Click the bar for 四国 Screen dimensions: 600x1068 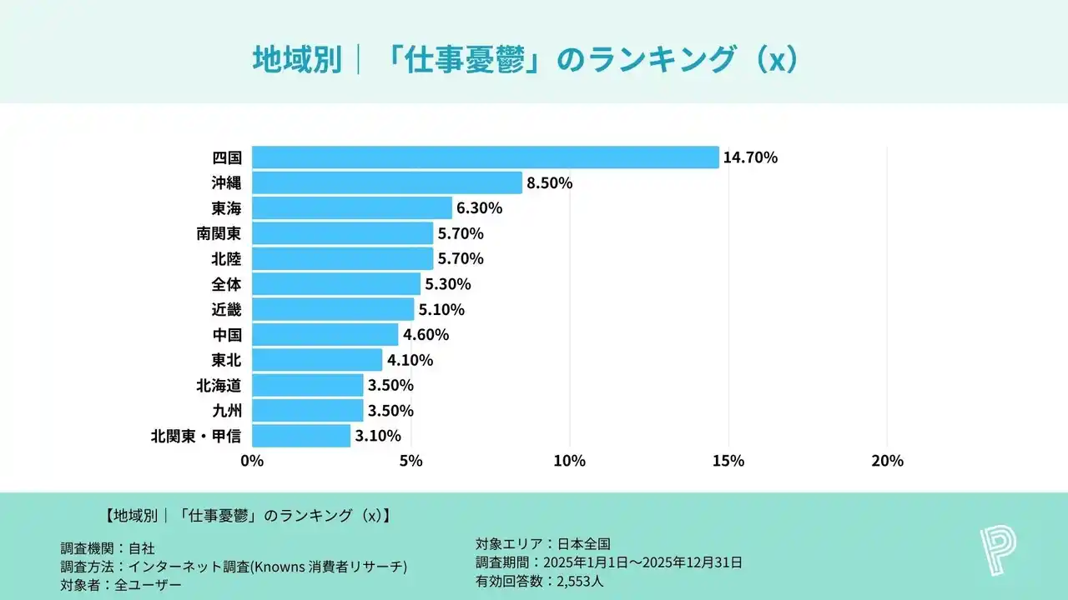[x=485, y=157]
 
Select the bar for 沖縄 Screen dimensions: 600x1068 [x=386, y=182]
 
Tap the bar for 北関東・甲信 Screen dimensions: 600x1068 [x=301, y=436]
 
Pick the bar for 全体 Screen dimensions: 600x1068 [x=336, y=284]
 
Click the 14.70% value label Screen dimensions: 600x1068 [x=750, y=157]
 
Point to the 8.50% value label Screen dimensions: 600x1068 [x=549, y=182]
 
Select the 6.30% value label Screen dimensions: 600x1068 [x=479, y=208]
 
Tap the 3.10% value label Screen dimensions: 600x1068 [x=378, y=436]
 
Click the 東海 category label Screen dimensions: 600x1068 [x=226, y=208]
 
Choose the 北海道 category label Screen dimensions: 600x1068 [x=219, y=385]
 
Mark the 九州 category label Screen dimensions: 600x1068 [x=226, y=411]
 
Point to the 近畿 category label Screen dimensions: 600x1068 [x=226, y=309]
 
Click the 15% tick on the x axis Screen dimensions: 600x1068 [x=728, y=461]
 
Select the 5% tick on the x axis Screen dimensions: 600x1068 [x=411, y=461]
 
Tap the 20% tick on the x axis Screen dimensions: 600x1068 [x=887, y=461]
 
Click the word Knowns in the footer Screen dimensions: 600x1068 [x=291, y=567]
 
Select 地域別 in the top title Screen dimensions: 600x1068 [x=297, y=60]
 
